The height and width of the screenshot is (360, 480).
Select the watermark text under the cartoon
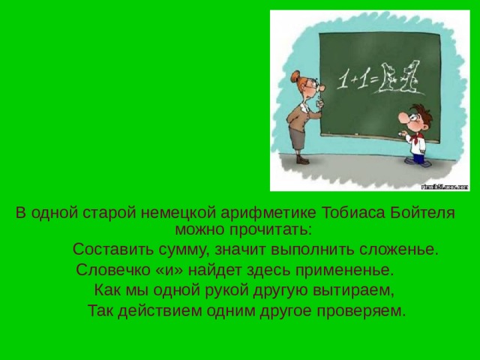pyautogui.click(x=444, y=185)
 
